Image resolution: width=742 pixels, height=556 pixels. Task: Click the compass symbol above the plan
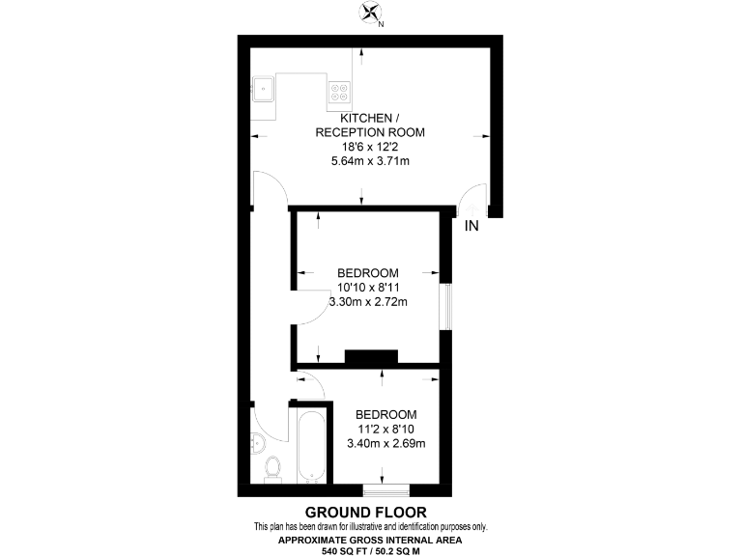click(370, 14)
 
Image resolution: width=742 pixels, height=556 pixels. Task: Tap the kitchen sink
click(263, 91)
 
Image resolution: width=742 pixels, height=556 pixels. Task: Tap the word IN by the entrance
click(471, 227)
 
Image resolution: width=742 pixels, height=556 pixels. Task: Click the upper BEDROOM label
click(367, 273)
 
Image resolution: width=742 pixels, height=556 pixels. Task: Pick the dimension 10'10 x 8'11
click(367, 288)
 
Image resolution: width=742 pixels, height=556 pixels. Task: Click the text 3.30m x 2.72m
click(367, 302)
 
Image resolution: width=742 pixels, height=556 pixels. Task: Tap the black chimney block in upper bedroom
click(371, 357)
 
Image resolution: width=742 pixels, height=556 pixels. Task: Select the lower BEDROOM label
click(386, 414)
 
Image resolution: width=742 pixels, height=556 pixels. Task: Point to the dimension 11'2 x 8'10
click(386, 429)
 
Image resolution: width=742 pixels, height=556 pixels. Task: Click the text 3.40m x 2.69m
click(386, 444)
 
